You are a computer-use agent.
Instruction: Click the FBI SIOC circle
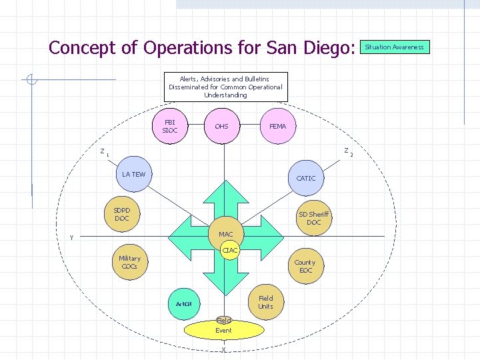170,126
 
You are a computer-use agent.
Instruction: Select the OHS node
221,126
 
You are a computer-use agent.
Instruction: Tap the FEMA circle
277,126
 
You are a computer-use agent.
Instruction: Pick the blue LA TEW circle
134,175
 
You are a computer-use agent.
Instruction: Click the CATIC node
306,178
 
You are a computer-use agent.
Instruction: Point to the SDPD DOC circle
122,215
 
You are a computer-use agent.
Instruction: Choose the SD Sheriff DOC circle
313,218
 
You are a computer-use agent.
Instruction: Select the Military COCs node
129,263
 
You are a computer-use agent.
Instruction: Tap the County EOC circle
305,266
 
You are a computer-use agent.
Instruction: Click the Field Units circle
265,302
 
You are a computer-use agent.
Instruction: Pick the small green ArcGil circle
183,304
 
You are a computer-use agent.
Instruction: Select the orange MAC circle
226,234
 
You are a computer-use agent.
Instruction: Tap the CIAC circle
230,250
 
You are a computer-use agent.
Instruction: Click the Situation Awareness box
394,47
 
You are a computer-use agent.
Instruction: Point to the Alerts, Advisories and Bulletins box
225,87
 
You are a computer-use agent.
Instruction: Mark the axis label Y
71,238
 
